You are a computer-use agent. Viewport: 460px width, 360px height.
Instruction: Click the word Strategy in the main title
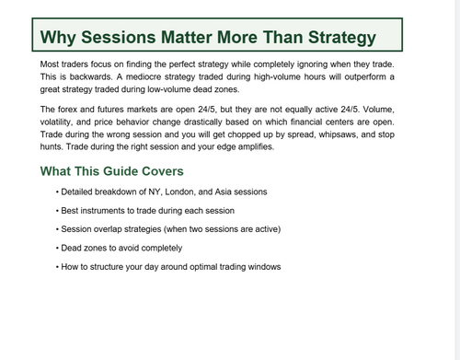point(329,38)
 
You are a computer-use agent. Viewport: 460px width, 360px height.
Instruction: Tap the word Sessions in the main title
point(122,38)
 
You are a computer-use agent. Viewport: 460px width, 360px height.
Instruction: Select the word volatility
point(63,122)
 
